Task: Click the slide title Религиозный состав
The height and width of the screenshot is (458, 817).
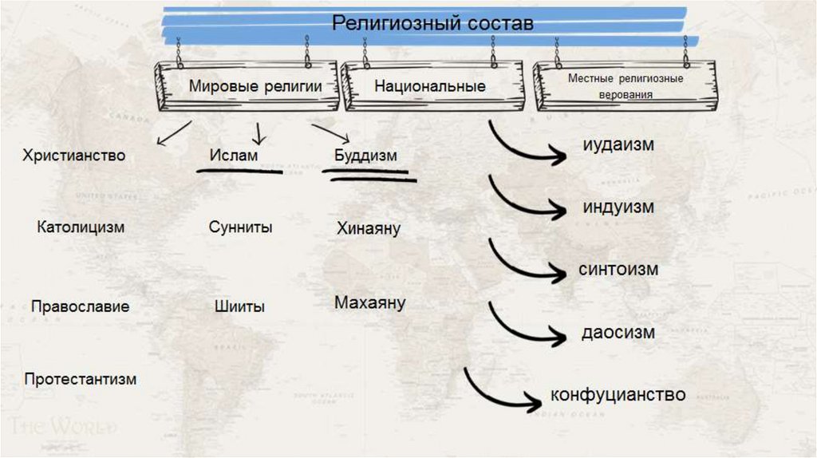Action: pyautogui.click(x=432, y=24)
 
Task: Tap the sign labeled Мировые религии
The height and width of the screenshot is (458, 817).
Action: pyautogui.click(x=255, y=86)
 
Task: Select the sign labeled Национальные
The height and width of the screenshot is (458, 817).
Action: pyautogui.click(x=429, y=86)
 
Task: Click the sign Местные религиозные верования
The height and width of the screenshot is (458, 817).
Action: pyautogui.click(x=626, y=86)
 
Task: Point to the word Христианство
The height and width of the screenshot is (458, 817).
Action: pyautogui.click(x=74, y=155)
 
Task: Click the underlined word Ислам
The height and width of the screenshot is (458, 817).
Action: pyautogui.click(x=234, y=155)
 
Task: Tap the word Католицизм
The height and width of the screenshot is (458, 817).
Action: pyautogui.click(x=81, y=227)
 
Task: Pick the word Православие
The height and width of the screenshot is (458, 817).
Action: pyautogui.click(x=80, y=306)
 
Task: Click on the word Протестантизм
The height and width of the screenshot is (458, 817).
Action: pyautogui.click(x=80, y=379)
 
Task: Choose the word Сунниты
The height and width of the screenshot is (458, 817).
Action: pyautogui.click(x=240, y=227)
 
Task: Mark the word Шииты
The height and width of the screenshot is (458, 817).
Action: pyautogui.click(x=239, y=306)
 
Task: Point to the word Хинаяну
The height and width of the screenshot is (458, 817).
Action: pyautogui.click(x=369, y=229)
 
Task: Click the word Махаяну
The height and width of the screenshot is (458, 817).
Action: pyautogui.click(x=370, y=303)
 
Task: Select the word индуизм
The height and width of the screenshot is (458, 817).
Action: pyautogui.click(x=618, y=207)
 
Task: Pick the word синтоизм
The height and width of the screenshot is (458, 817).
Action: pyautogui.click(x=618, y=269)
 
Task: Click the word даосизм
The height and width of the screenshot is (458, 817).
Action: pyautogui.click(x=618, y=331)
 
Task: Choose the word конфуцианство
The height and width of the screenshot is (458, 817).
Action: pyautogui.click(x=618, y=394)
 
